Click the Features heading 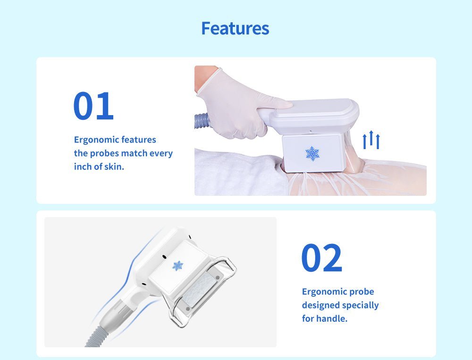point(235,28)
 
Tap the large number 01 point(93,106)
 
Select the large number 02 point(321,258)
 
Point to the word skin point(114,167)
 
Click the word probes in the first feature point(104,153)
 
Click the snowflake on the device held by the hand point(312,153)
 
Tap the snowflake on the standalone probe point(177,266)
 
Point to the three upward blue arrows point(371,140)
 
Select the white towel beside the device point(241,173)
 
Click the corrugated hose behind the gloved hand point(201,121)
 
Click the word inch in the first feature point(81,167)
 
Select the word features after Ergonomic point(139,140)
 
